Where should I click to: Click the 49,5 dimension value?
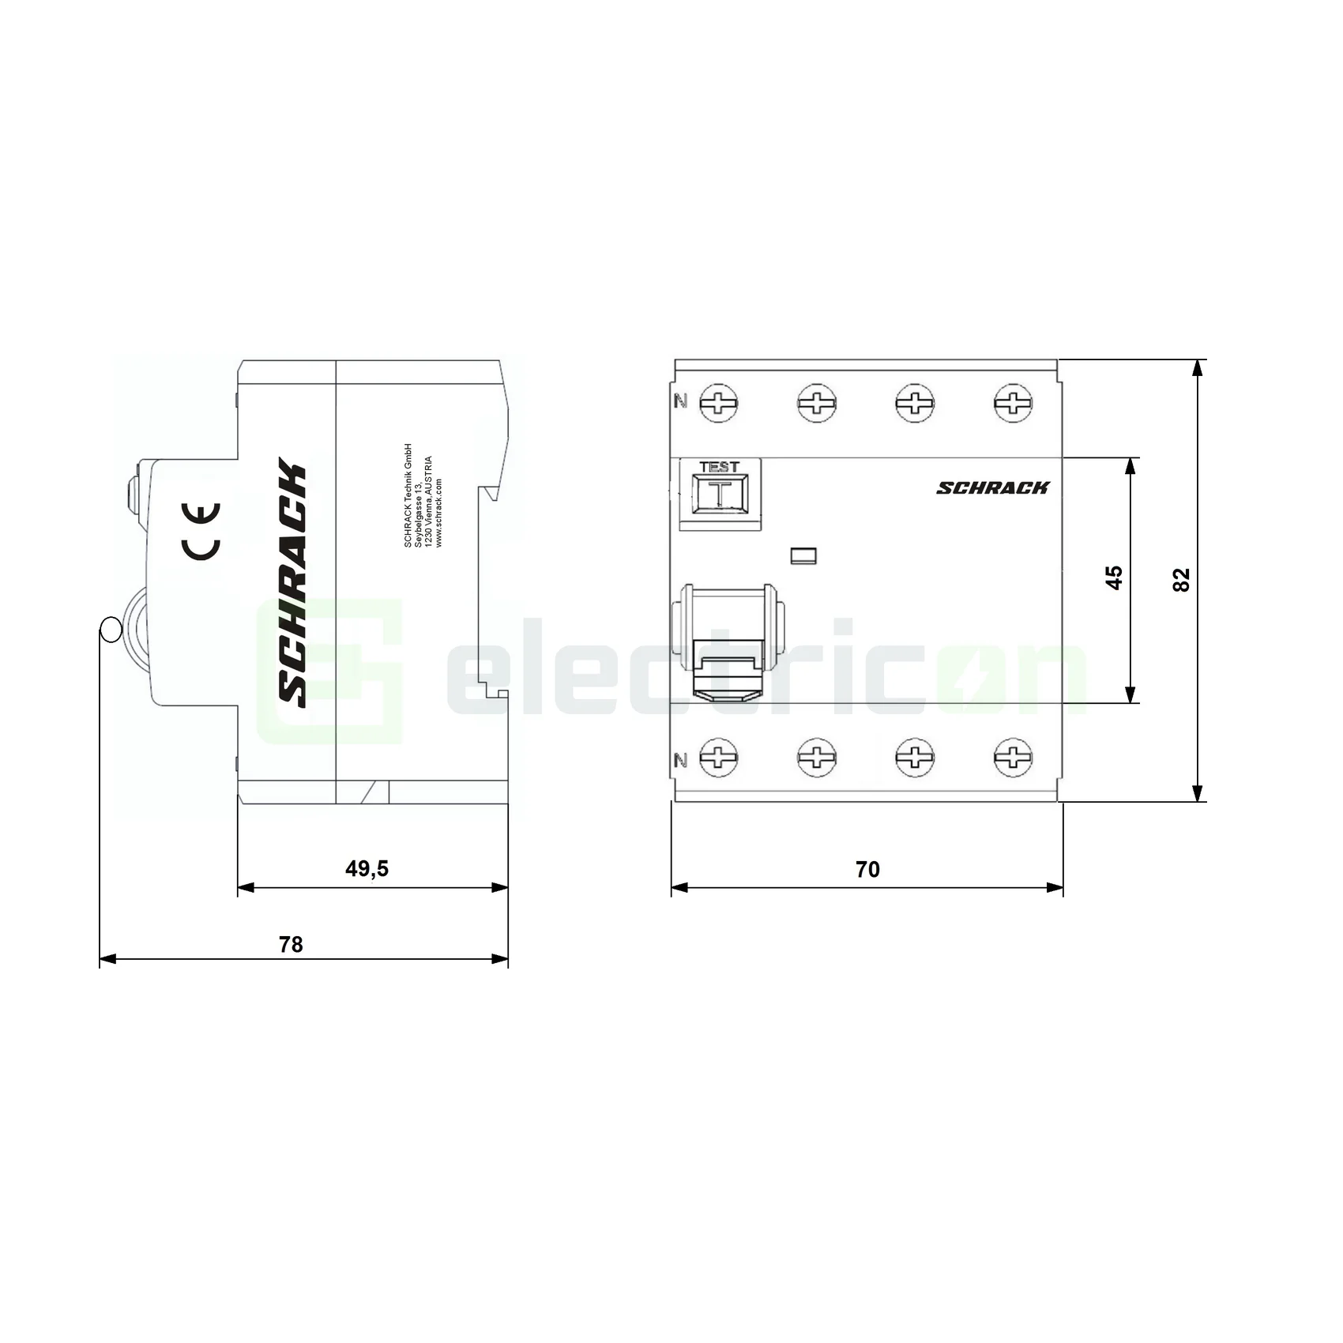click(367, 869)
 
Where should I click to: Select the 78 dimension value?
click(291, 945)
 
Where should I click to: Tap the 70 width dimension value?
click(867, 870)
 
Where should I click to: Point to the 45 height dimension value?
click(1114, 577)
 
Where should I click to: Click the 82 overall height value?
click(1181, 580)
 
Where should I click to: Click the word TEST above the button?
click(719, 468)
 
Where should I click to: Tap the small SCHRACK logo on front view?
click(993, 488)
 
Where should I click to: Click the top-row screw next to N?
click(719, 404)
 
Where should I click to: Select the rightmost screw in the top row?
click(1012, 404)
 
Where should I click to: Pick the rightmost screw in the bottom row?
click(1012, 757)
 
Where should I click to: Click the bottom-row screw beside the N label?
click(719, 757)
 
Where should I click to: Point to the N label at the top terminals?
click(680, 401)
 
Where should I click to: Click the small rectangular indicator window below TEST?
click(803, 556)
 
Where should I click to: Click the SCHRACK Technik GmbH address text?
click(423, 495)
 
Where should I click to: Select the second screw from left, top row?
click(817, 404)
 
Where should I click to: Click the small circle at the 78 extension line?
click(109, 629)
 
